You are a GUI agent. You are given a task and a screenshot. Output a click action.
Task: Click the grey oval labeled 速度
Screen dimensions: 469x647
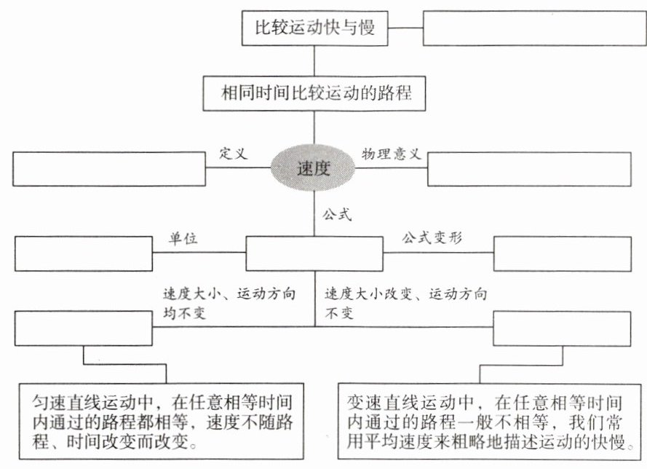coord(314,169)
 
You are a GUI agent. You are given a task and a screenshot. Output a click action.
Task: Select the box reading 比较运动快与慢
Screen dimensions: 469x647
coord(314,28)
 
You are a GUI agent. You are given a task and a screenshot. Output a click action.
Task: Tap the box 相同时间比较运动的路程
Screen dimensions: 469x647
coord(314,94)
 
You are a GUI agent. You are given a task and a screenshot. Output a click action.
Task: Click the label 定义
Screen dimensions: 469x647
coord(234,154)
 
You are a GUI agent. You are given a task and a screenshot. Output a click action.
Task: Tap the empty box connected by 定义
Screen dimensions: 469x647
coord(110,169)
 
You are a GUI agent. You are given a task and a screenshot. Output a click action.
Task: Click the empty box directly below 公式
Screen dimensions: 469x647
coord(314,253)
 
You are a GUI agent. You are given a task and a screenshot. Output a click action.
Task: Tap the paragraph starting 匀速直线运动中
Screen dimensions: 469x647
coord(166,422)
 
